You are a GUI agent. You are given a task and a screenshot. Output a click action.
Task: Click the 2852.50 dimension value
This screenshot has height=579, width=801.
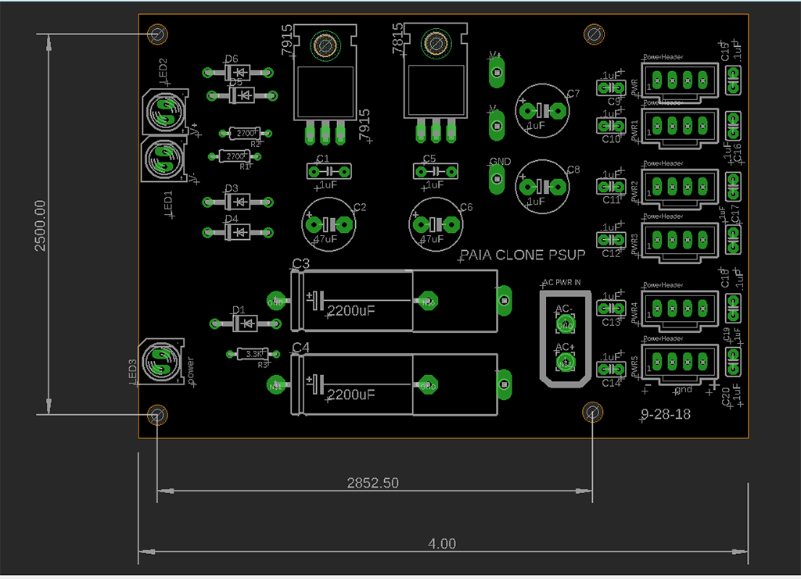click(372, 483)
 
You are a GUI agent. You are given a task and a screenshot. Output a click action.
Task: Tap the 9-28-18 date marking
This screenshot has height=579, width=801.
click(666, 415)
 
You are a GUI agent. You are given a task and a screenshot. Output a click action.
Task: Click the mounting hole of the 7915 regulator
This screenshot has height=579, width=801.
click(325, 45)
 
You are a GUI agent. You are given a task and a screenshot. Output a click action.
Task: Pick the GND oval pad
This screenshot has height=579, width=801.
click(495, 178)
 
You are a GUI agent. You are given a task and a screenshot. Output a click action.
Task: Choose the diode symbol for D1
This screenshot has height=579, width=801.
click(246, 323)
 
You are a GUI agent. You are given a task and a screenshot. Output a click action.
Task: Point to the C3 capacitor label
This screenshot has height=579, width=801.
click(301, 263)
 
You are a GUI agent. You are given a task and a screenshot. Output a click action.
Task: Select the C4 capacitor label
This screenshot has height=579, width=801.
click(301, 347)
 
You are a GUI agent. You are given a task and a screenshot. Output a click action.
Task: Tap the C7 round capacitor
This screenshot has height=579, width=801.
click(541, 110)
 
